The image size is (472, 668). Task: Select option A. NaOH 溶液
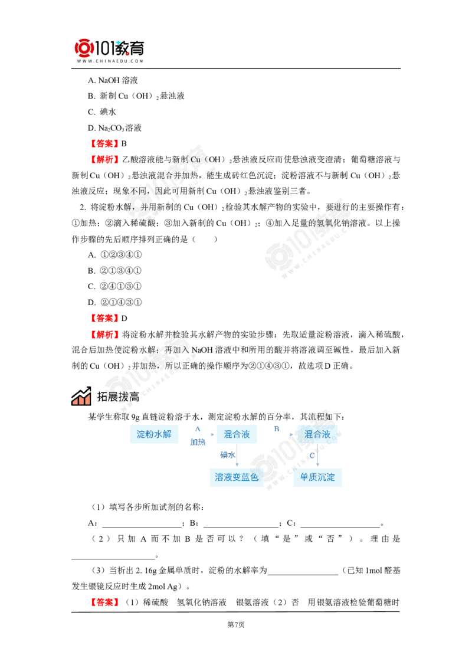[x=113, y=80]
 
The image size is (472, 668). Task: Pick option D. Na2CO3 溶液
[x=114, y=128]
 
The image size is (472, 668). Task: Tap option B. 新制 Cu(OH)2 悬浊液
[x=136, y=96]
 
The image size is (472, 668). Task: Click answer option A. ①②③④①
[x=114, y=255]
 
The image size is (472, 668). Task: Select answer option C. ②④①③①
[x=114, y=286]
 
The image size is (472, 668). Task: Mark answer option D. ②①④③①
[x=114, y=303]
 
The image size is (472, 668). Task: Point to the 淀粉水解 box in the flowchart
[x=154, y=434]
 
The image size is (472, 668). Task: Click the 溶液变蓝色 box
[x=237, y=477]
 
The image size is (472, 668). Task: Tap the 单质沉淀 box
[x=317, y=477]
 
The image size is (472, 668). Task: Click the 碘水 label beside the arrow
[x=228, y=455]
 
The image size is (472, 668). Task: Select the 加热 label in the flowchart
[x=198, y=442]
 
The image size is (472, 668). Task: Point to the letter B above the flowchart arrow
[x=277, y=428]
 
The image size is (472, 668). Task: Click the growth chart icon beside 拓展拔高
[x=81, y=396]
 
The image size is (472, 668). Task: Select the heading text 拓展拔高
[x=118, y=397]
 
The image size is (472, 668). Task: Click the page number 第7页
[x=236, y=625]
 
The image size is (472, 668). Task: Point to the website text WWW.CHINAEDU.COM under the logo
[x=110, y=61]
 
